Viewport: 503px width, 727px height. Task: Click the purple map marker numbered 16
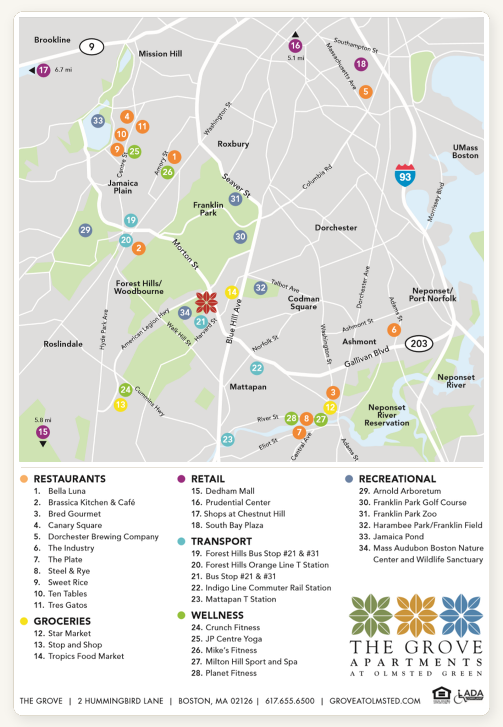[x=295, y=46]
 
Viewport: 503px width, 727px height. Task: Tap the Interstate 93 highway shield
[x=405, y=176]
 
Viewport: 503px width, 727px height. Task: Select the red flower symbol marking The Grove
[x=207, y=302]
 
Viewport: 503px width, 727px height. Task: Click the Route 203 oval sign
[x=418, y=344]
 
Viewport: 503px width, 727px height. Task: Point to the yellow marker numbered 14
[x=232, y=292]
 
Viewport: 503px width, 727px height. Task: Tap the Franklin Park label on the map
[x=208, y=209]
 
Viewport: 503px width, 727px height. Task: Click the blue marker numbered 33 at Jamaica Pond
[x=98, y=121]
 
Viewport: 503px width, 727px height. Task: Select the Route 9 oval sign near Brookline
[x=91, y=47]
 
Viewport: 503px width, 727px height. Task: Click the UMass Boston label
[x=465, y=151]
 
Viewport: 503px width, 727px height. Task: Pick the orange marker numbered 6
[x=394, y=330]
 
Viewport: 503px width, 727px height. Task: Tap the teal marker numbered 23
[x=228, y=440]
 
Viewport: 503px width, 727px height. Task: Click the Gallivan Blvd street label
[x=366, y=357]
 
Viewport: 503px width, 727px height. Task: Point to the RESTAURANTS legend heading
[x=70, y=479]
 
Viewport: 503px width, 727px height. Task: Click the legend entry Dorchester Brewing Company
[x=103, y=536]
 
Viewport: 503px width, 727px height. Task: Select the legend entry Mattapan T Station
[x=240, y=599]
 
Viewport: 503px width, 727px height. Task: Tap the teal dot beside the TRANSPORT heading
[x=181, y=541]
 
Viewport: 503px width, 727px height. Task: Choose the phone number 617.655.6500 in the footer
[x=290, y=701]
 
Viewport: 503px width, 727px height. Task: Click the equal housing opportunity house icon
[x=441, y=694]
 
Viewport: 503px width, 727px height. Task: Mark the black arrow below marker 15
[x=43, y=444]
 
